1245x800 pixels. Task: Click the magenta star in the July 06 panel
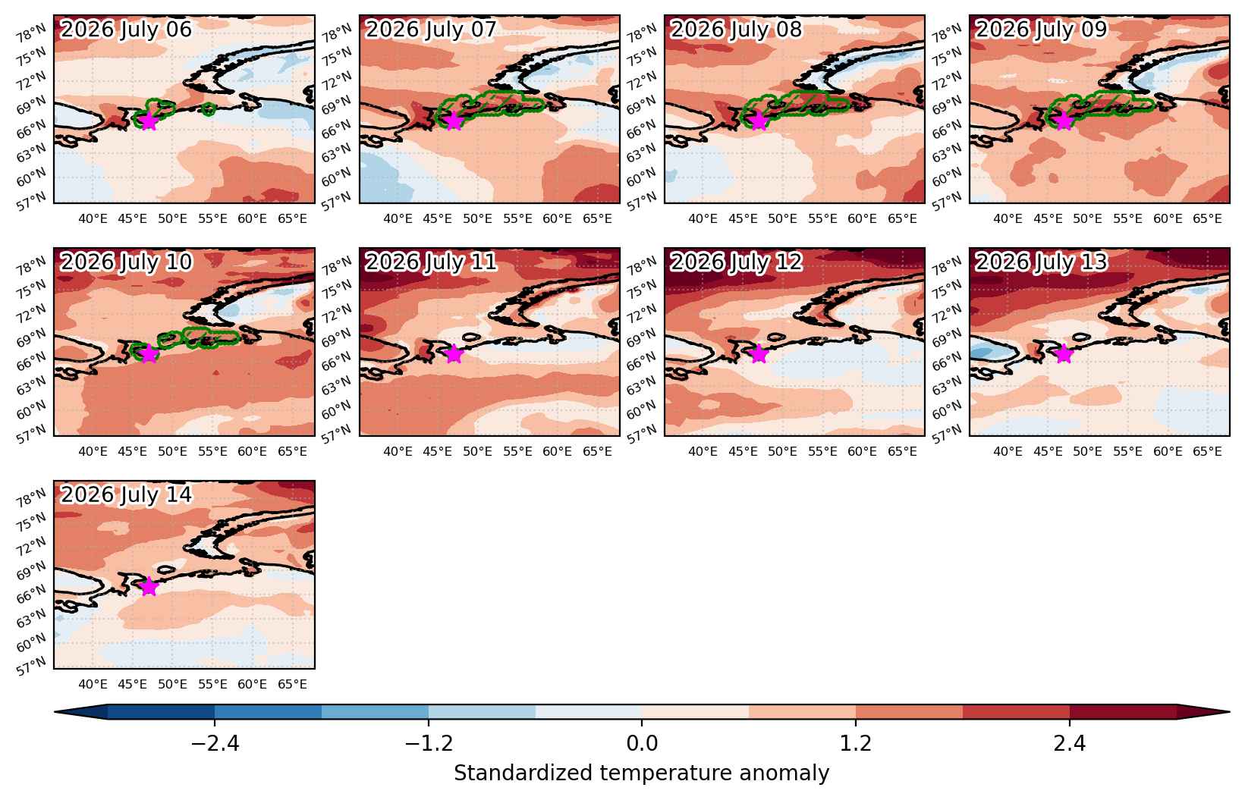149,121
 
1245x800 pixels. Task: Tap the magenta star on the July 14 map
149,587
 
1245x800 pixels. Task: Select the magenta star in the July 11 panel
454,354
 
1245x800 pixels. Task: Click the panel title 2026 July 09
1042,30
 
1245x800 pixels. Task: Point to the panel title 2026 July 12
737,262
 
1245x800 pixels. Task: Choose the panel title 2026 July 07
431,30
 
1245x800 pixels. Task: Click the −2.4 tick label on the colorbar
215,743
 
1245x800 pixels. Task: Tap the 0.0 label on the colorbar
642,743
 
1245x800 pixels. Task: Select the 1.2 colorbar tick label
856,743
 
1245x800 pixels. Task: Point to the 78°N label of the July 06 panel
31,33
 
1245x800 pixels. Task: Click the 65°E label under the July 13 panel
1207,452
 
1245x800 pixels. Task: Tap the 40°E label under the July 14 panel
93,685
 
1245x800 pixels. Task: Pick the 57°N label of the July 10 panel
31,434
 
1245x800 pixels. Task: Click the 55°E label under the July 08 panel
822,219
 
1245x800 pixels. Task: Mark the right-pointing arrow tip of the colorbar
1229,712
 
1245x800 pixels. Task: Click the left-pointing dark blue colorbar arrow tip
55,712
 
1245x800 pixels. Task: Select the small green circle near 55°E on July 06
209,109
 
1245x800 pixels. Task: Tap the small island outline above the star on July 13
1080,337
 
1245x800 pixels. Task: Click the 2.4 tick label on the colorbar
1070,743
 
